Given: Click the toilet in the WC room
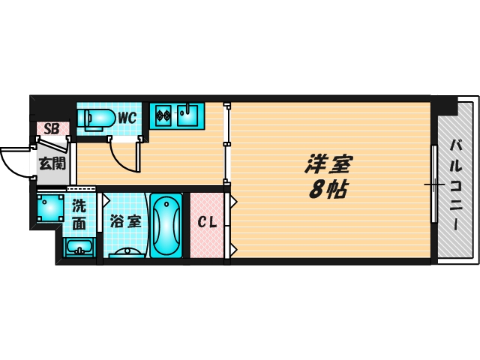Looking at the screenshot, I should pos(96,118).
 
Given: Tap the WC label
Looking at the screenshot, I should pos(127,118).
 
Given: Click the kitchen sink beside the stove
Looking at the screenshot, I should pos(189,116).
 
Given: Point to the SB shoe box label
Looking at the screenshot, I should pos(51,128).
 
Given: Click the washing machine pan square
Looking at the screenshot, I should pos(50,208).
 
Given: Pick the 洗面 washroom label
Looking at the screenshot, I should pos(79,214).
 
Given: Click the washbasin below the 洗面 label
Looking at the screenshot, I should pos(78,248).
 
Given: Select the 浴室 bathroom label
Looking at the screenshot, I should pos(125,222).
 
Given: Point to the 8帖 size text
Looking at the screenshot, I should pos(327,189).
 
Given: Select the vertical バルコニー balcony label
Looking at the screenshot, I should pos(454,183).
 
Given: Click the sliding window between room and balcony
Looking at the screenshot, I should pos(433,184).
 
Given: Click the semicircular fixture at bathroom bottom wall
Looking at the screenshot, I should pos(128,254).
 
